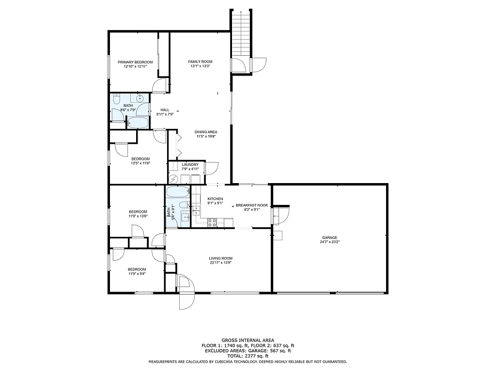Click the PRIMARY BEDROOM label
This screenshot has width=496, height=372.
pyautogui.click(x=136, y=62)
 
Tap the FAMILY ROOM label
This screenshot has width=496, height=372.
pyautogui.click(x=201, y=62)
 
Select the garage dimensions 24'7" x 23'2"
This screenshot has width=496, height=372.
pyautogui.click(x=330, y=242)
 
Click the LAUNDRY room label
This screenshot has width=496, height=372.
pyautogui.click(x=190, y=165)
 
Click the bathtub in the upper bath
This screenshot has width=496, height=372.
pyautogui.click(x=139, y=122)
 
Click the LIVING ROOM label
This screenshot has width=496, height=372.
pyautogui.click(x=221, y=258)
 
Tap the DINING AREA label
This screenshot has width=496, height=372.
pyautogui.click(x=206, y=132)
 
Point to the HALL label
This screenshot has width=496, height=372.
pyautogui.click(x=165, y=110)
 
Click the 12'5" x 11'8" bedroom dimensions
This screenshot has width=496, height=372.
pyautogui.click(x=140, y=163)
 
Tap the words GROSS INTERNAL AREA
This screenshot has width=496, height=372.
pyautogui.click(x=248, y=341)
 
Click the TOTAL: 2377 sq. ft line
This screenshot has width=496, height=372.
pyautogui.click(x=248, y=356)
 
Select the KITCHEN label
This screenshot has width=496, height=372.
pyautogui.click(x=215, y=199)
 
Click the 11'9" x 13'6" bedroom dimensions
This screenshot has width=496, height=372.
pyautogui.click(x=138, y=216)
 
